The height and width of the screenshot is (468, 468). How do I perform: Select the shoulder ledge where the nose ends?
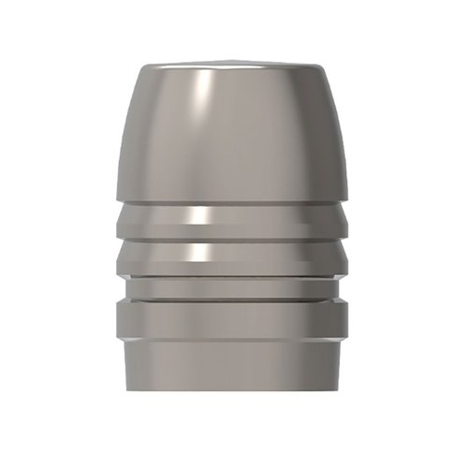point(234,199)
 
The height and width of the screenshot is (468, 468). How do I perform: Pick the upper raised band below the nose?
point(234,221)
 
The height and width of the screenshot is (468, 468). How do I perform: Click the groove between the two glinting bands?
point(234,239)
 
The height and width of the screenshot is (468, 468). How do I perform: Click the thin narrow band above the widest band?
point(234,285)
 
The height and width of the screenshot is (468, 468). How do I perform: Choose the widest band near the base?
point(234,320)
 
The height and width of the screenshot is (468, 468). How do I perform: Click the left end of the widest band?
point(120,320)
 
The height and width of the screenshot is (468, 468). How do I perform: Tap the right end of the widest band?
point(348,320)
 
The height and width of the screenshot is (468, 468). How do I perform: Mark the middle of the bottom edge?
point(234,393)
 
